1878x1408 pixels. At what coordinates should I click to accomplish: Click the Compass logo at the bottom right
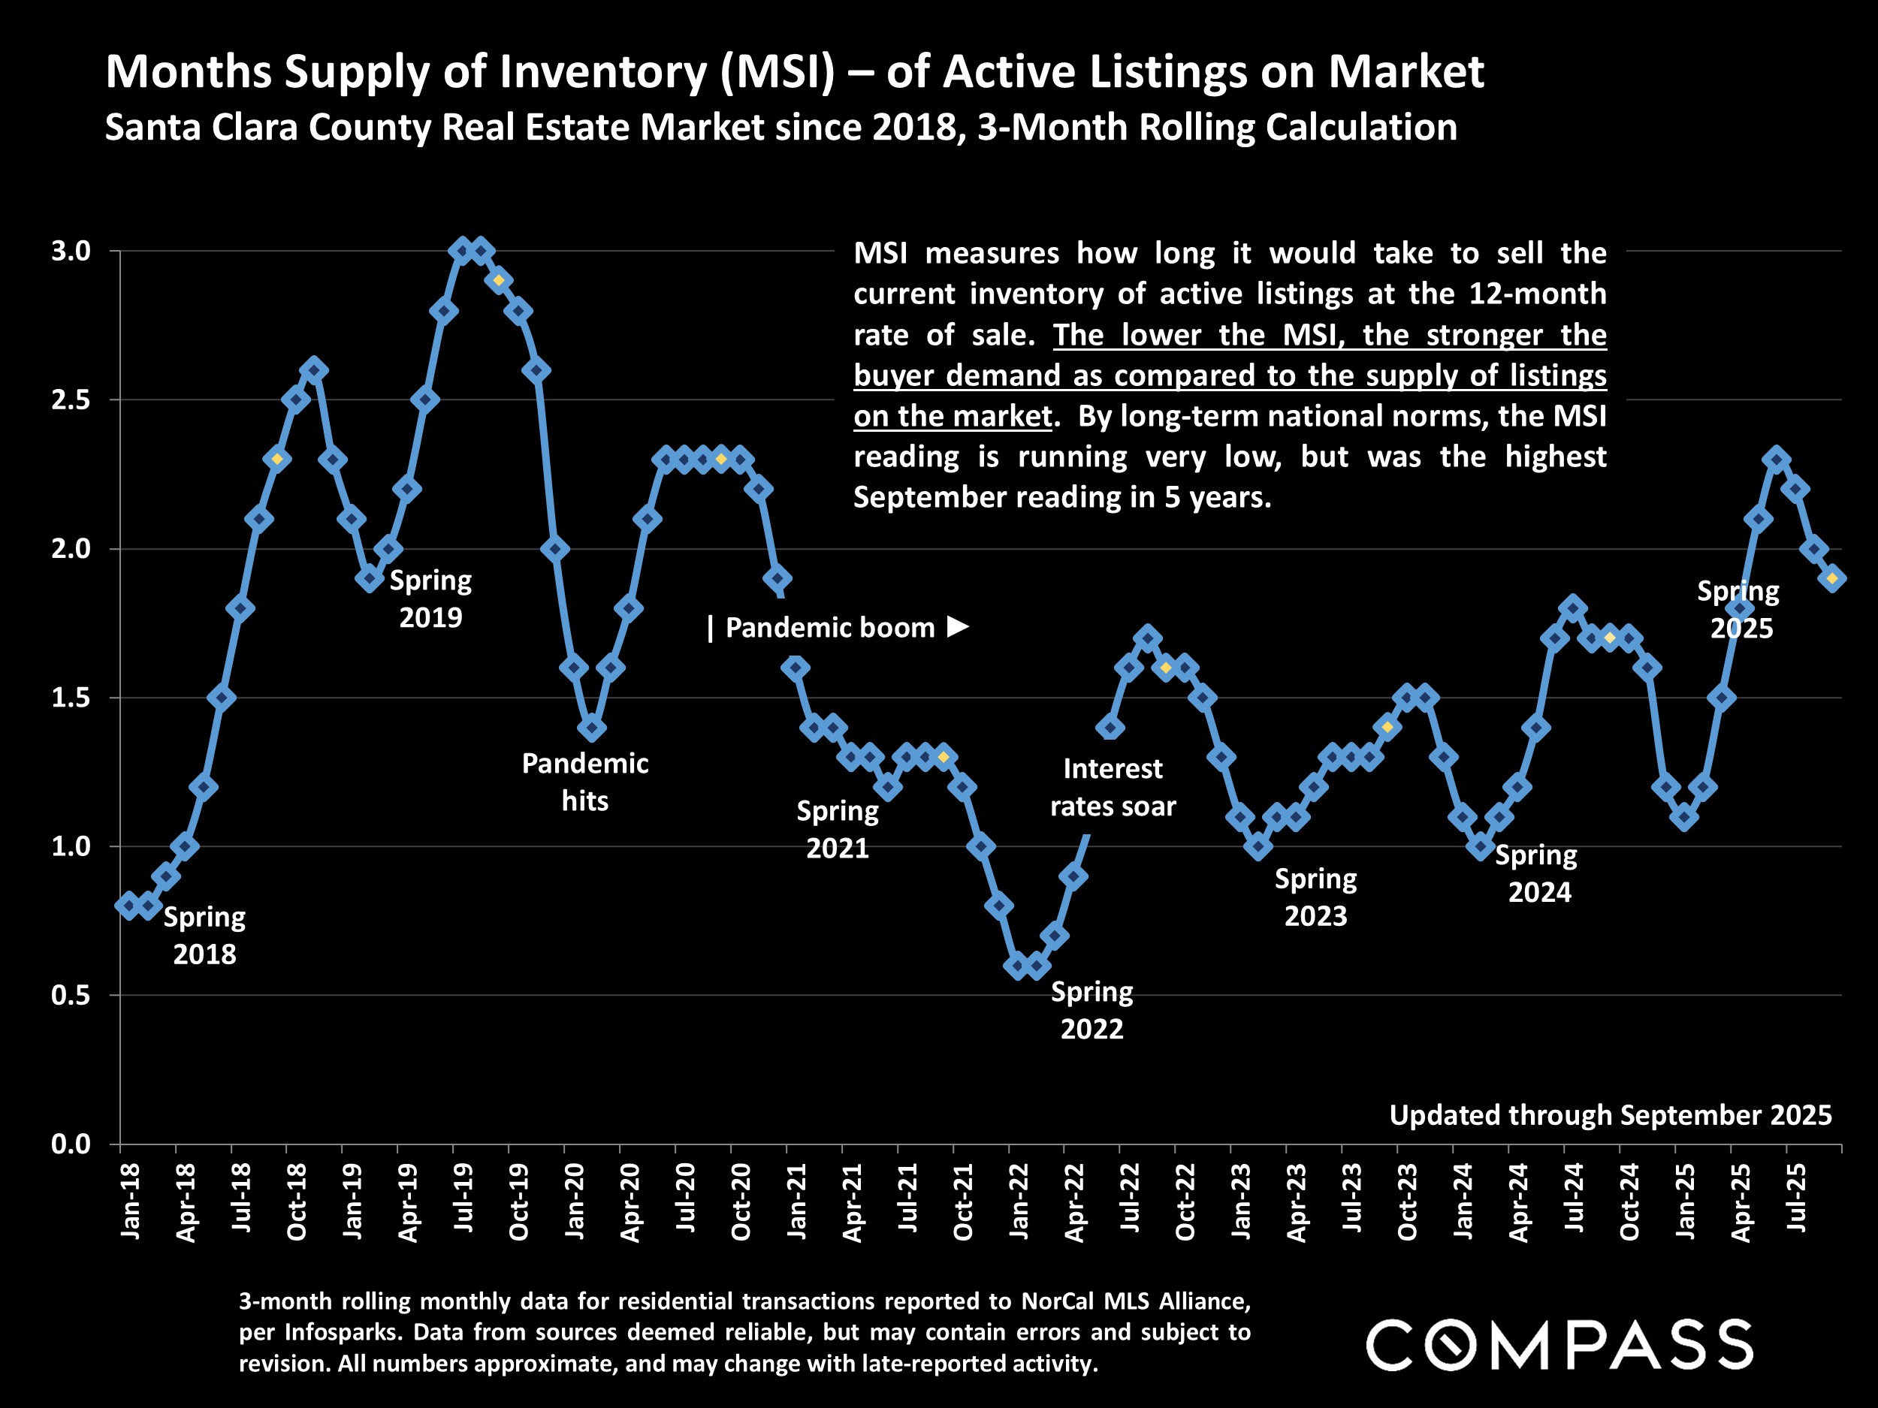click(1559, 1344)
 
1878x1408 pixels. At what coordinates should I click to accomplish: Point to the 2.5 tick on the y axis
click(71, 399)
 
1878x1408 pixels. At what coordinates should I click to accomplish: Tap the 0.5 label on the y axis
click(71, 996)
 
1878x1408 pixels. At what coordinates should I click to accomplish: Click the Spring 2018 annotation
click(204, 935)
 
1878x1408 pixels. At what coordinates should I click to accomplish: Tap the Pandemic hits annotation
click(585, 782)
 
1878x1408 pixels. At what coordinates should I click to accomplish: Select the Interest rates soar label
click(1113, 787)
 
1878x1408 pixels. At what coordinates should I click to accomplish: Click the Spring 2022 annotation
click(1091, 1010)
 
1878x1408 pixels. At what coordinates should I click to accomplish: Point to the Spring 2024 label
click(1538, 873)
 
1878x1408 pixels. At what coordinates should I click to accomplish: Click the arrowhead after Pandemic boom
click(958, 626)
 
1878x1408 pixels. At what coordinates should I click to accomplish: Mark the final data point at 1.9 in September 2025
click(1832, 579)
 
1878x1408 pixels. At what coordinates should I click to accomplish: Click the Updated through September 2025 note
click(1610, 1114)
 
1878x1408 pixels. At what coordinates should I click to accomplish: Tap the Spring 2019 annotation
click(430, 598)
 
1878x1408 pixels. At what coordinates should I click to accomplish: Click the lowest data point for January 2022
click(1017, 966)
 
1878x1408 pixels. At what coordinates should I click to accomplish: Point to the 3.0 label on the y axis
click(71, 252)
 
